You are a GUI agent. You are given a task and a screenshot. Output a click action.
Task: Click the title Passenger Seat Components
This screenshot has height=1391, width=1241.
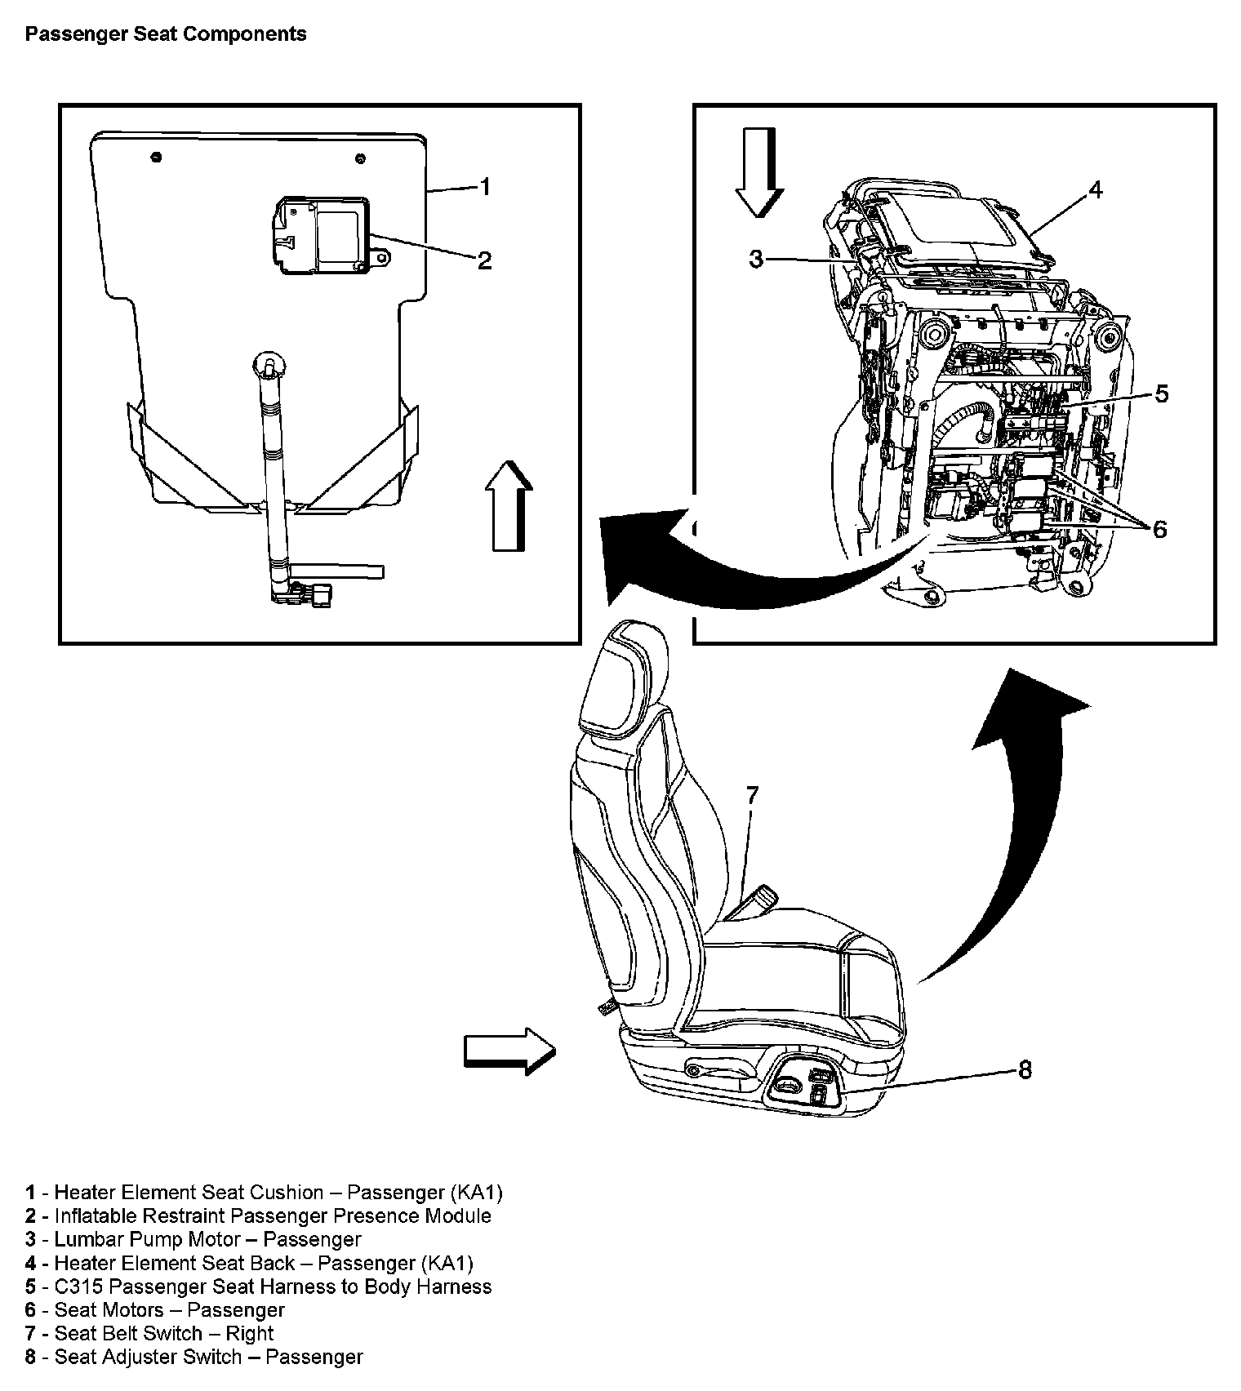(166, 34)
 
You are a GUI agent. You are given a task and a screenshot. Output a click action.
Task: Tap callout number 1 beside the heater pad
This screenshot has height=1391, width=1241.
(485, 187)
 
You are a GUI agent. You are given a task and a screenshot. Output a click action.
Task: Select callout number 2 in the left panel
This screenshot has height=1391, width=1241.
(484, 260)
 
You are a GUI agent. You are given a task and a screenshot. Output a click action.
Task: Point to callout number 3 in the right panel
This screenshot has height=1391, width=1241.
(756, 259)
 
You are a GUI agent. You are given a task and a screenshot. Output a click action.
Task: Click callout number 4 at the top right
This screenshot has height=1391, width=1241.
(1096, 189)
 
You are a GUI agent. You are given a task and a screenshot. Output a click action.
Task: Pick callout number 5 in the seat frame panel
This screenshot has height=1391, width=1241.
(1161, 393)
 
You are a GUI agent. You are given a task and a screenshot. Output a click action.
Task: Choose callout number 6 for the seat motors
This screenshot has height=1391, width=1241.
(1159, 529)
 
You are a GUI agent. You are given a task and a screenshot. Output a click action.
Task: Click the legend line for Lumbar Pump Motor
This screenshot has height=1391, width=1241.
(193, 1239)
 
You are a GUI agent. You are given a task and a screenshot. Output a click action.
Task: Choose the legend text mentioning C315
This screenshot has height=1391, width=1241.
(258, 1287)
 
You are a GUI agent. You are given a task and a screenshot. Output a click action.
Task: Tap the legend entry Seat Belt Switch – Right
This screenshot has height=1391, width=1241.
(149, 1333)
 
